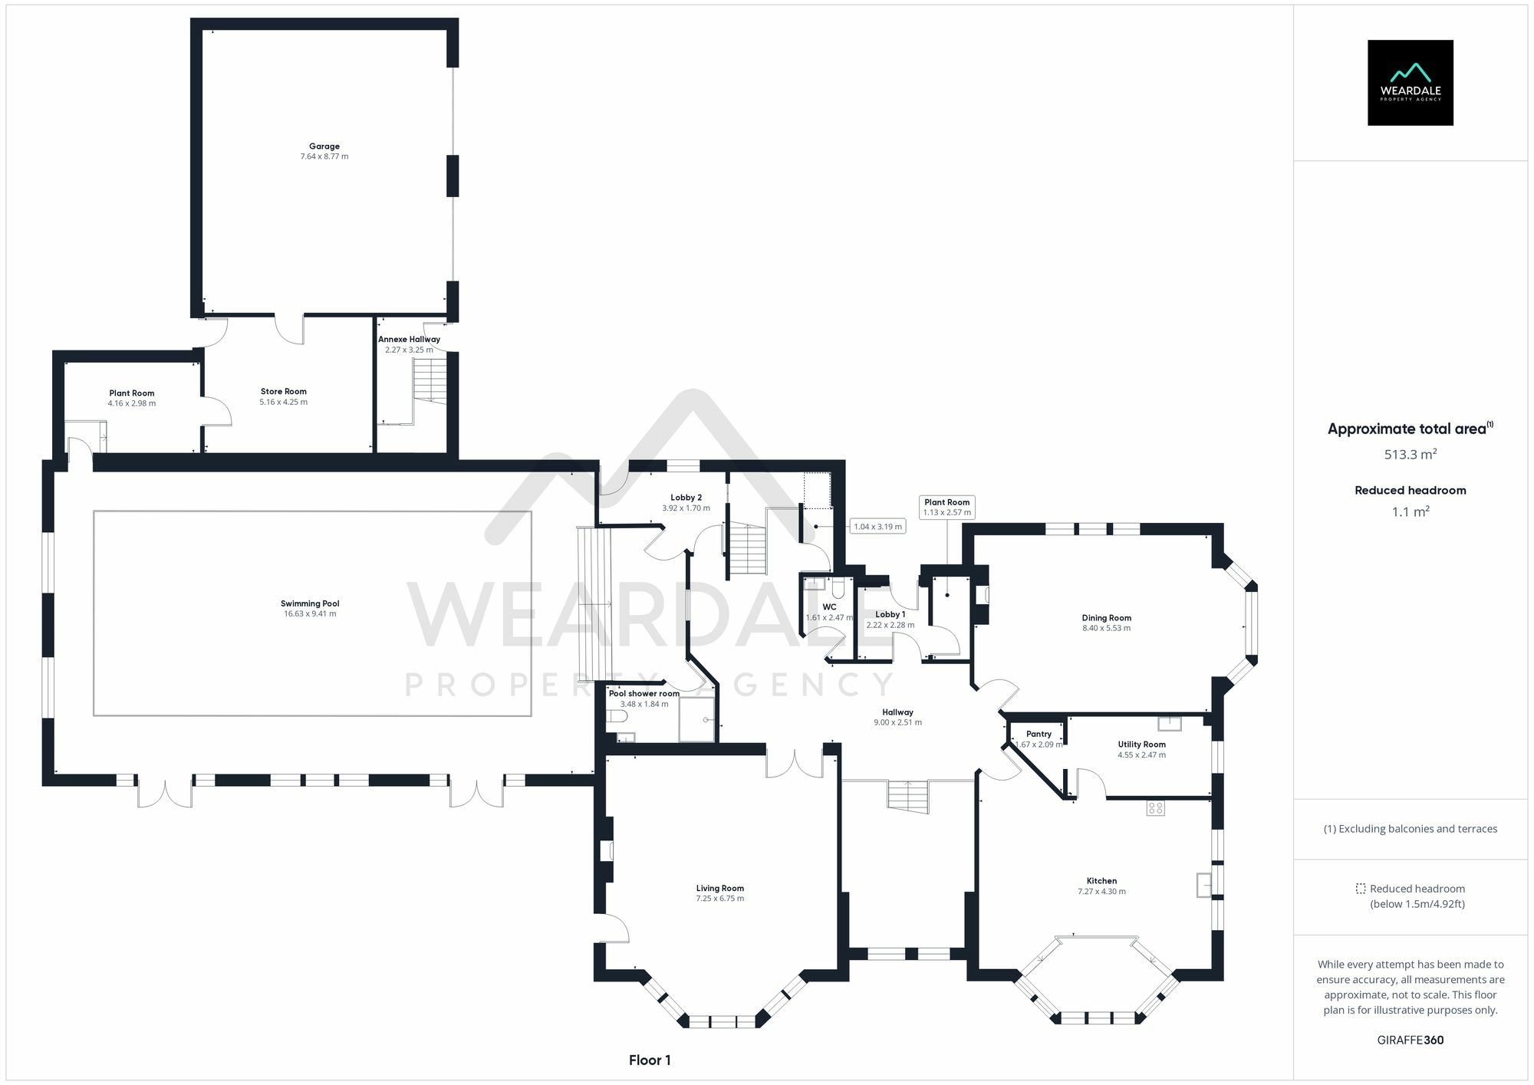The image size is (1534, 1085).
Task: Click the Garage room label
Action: (x=324, y=146)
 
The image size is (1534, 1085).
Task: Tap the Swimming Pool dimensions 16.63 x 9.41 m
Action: (x=310, y=613)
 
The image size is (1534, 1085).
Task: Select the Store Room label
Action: (x=283, y=391)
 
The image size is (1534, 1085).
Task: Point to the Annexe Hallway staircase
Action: (x=430, y=380)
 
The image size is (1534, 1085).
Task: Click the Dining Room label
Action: (x=1106, y=617)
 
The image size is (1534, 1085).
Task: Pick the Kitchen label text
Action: (x=1101, y=881)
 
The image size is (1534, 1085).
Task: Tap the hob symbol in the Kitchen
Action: (x=1155, y=807)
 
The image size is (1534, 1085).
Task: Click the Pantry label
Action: (x=1039, y=734)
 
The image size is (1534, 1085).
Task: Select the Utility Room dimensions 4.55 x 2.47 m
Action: (x=1141, y=755)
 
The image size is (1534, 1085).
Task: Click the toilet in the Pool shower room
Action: (x=617, y=716)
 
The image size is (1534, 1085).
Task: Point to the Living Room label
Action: (x=719, y=888)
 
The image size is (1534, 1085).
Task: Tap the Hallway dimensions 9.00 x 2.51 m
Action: (x=897, y=722)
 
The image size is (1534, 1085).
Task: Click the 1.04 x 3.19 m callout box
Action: (x=878, y=527)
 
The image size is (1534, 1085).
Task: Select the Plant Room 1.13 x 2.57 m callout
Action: (x=946, y=507)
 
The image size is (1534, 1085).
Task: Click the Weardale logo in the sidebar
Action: (x=1410, y=83)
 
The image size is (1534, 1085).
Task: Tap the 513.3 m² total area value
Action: (x=1410, y=454)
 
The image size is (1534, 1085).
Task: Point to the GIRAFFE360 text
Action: (x=1410, y=1041)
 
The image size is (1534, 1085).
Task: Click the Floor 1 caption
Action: (x=650, y=1060)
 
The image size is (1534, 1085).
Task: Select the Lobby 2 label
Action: (x=686, y=498)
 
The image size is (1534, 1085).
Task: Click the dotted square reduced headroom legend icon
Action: (x=1360, y=889)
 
